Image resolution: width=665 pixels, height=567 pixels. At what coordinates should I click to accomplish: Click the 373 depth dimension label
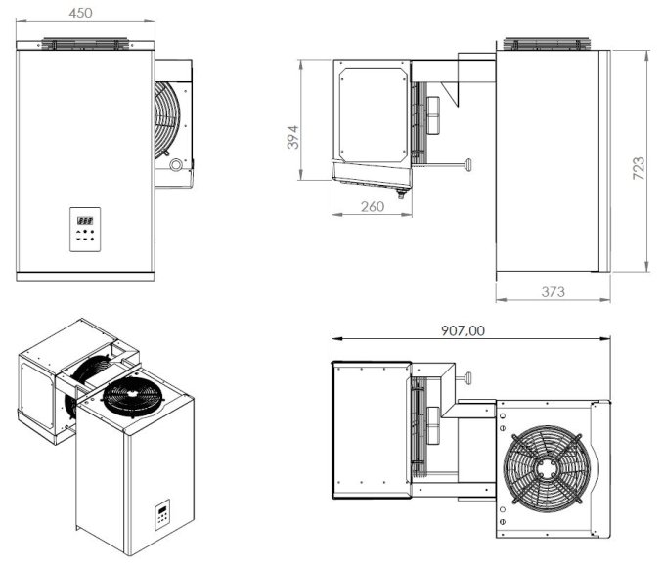point(553,291)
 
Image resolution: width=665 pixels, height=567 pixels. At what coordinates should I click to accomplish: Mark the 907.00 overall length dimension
point(463,330)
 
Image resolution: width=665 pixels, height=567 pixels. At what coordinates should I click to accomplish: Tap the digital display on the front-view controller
point(85,221)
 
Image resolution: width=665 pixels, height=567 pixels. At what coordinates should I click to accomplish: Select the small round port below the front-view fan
point(176,165)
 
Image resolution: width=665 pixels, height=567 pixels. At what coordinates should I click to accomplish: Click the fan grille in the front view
point(168,117)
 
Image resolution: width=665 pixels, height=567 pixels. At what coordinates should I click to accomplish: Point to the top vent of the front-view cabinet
point(86,44)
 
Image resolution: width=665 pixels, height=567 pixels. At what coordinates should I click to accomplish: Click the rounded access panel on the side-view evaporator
point(372,112)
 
